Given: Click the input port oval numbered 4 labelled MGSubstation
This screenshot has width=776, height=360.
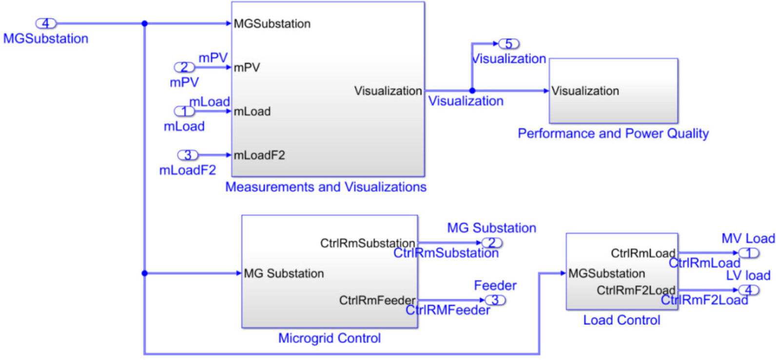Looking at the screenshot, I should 46,23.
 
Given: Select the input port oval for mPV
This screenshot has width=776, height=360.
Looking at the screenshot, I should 184,67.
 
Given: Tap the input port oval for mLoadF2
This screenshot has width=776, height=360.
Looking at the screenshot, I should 188,155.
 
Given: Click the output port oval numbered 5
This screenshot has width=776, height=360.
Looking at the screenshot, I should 508,44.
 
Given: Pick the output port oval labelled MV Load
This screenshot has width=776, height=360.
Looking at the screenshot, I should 748,253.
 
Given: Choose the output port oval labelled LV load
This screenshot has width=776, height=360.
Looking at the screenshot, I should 749,290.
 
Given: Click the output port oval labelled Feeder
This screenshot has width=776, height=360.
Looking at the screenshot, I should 495,300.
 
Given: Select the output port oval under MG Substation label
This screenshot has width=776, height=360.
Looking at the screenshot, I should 492,243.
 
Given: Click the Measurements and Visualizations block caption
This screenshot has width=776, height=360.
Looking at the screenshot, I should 326,187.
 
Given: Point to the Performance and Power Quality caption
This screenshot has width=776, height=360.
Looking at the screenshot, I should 613,133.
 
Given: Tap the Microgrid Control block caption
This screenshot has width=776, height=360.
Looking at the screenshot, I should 330,338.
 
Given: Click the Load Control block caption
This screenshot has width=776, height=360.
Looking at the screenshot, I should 621,320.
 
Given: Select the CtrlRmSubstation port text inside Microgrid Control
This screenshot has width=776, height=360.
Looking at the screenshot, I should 367,243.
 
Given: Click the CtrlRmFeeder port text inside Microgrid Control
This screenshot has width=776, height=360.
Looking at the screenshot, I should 377,301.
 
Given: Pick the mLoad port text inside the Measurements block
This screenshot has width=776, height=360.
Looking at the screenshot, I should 252,112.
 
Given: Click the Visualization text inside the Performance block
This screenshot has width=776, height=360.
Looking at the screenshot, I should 585,91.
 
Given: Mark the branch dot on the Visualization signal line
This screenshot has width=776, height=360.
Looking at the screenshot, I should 472,91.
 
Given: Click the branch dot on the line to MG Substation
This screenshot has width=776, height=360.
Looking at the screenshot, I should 144,273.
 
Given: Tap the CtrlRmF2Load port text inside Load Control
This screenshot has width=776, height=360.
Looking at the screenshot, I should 636,290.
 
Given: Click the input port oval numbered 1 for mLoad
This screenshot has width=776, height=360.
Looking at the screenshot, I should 184,111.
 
